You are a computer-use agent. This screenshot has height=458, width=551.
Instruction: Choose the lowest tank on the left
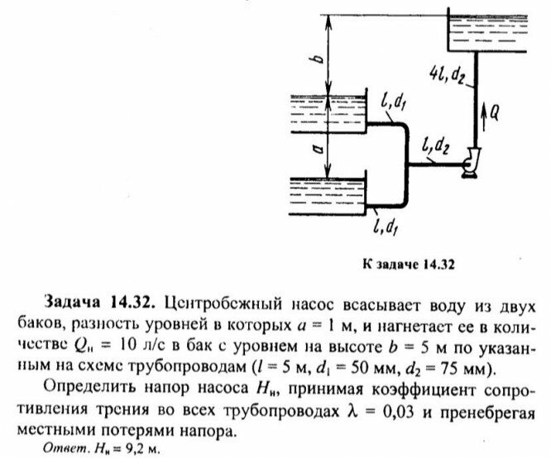pos(326,196)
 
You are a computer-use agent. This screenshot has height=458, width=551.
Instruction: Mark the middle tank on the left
pos(326,114)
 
